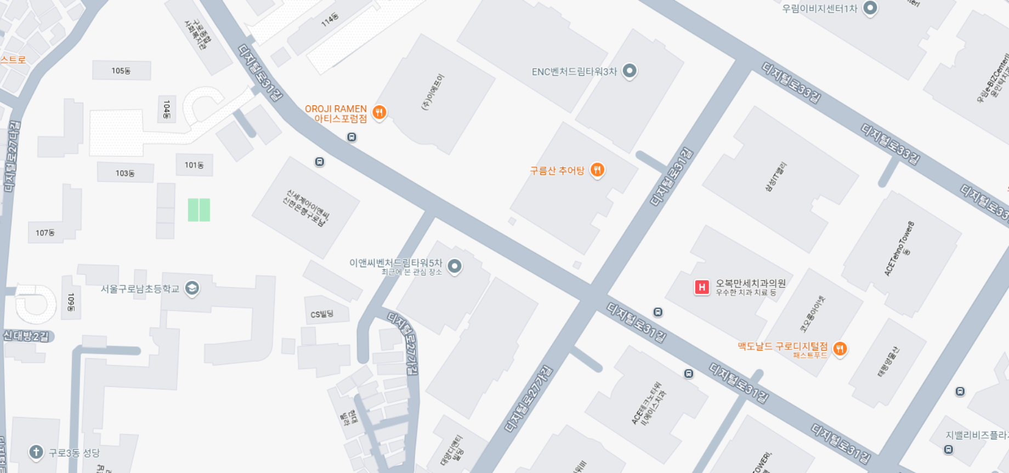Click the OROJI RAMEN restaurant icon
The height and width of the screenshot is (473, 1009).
(x=379, y=112)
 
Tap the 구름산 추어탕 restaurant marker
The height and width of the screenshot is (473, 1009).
(x=597, y=170)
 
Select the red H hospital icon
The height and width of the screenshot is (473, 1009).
(x=702, y=287)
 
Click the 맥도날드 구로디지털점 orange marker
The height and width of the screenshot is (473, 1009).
(x=840, y=348)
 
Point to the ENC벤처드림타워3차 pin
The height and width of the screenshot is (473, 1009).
(x=630, y=71)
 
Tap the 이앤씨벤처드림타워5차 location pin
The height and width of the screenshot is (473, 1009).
(x=455, y=266)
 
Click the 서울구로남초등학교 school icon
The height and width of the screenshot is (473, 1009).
(x=192, y=288)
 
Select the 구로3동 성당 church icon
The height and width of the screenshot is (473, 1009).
(x=36, y=452)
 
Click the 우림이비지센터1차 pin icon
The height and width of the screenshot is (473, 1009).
(x=870, y=8)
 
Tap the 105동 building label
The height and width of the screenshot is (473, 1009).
(x=121, y=71)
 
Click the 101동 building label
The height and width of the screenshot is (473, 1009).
(x=194, y=165)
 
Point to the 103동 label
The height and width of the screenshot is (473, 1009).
(x=125, y=173)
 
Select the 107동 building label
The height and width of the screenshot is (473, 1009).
(x=45, y=233)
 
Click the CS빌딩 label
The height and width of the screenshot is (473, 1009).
(x=322, y=314)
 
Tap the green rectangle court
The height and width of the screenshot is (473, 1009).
(x=199, y=210)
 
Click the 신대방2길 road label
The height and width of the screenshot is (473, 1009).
(x=26, y=336)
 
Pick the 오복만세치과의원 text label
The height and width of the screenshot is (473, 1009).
(x=751, y=283)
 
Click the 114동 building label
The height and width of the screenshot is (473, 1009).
(x=330, y=20)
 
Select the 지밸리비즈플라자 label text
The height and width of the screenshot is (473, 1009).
(x=977, y=435)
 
